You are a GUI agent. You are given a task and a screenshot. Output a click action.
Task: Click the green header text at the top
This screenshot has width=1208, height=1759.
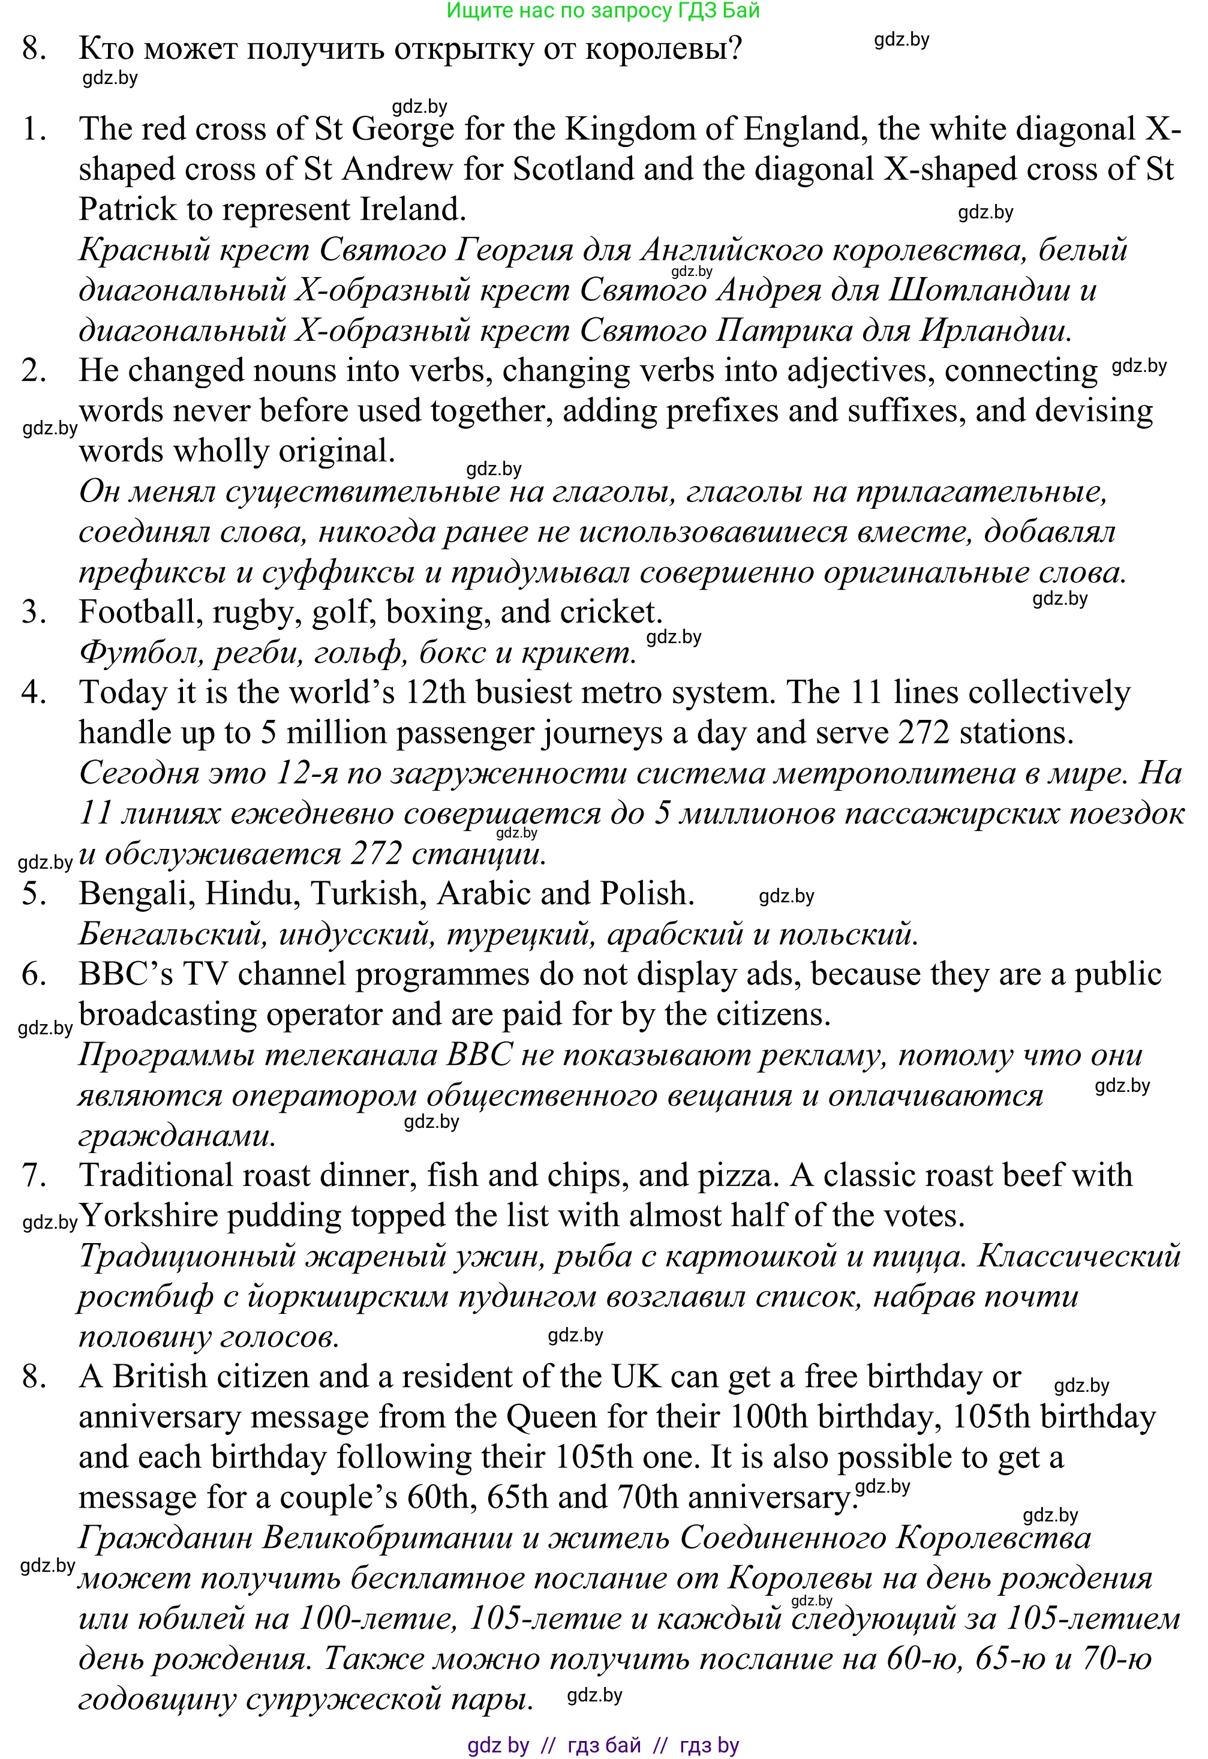pos(603,11)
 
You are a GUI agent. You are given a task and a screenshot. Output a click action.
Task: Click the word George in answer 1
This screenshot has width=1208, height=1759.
pos(402,130)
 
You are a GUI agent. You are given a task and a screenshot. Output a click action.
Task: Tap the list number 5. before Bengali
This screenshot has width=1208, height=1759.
pos(34,894)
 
